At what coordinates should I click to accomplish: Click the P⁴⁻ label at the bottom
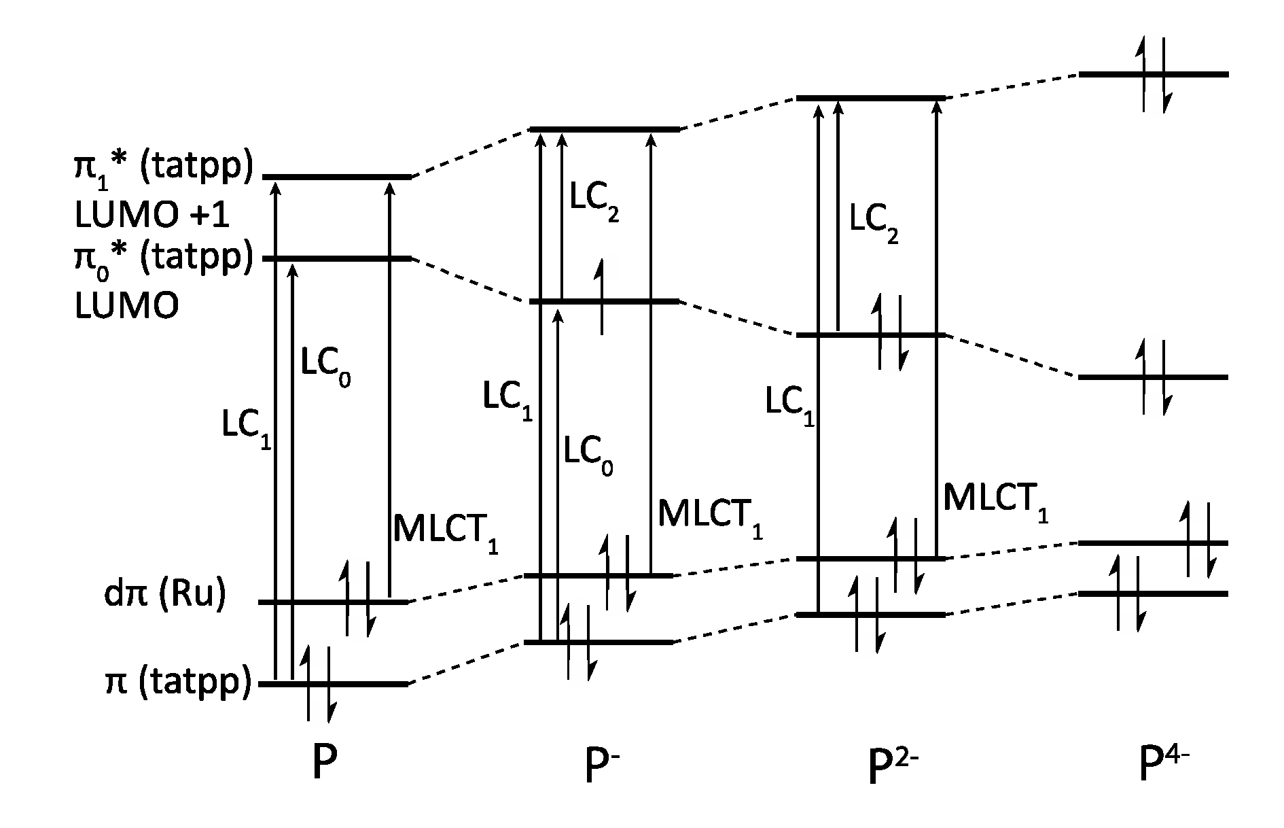tap(1164, 764)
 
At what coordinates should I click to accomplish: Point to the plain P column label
tap(324, 765)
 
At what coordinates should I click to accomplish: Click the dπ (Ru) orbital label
tap(164, 593)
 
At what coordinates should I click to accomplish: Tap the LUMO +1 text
tap(151, 215)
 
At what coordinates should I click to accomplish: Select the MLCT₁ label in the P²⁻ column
tap(995, 500)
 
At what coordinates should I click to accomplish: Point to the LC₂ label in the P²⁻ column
tap(874, 222)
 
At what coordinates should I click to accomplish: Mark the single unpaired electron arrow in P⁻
tap(601, 297)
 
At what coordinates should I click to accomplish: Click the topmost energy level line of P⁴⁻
tap(1154, 74)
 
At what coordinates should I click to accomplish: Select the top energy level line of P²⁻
tap(871, 99)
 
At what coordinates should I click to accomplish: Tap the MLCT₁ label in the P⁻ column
tap(710, 517)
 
